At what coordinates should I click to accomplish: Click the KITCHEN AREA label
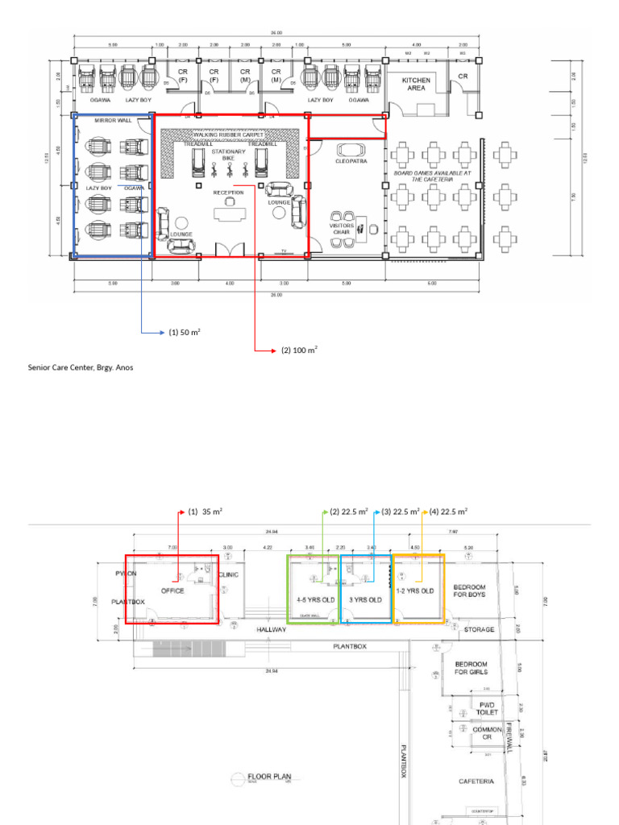[417, 85]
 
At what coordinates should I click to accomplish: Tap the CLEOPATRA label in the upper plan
[351, 161]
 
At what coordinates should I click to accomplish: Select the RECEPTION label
[228, 193]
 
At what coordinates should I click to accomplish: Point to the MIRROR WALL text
[111, 121]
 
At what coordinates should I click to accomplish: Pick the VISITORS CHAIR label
[341, 229]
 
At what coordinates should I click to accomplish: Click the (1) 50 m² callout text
[184, 332]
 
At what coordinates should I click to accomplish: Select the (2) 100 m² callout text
[299, 350]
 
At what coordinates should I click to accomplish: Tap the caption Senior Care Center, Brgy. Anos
[81, 367]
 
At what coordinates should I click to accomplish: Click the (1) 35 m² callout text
[205, 512]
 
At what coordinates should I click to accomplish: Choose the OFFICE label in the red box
[172, 591]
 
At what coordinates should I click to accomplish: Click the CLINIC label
[229, 575]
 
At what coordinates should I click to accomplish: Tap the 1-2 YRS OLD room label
[415, 591]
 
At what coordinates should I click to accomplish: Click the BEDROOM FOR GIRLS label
[472, 669]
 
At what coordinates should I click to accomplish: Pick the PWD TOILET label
[487, 709]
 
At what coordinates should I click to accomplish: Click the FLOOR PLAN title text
[268, 778]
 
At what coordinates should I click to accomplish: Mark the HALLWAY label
[272, 630]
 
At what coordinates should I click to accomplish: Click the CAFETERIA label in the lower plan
[476, 781]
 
